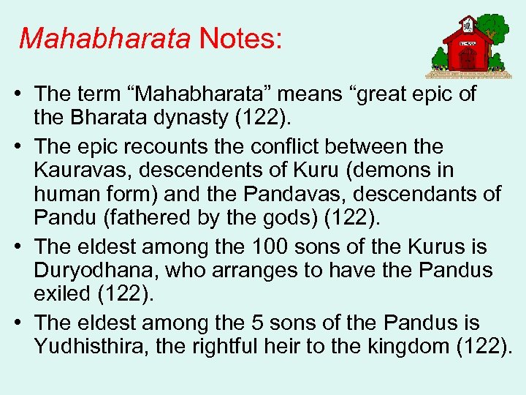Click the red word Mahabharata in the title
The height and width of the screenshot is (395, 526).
point(104,38)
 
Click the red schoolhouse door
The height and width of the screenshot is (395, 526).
point(468,58)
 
